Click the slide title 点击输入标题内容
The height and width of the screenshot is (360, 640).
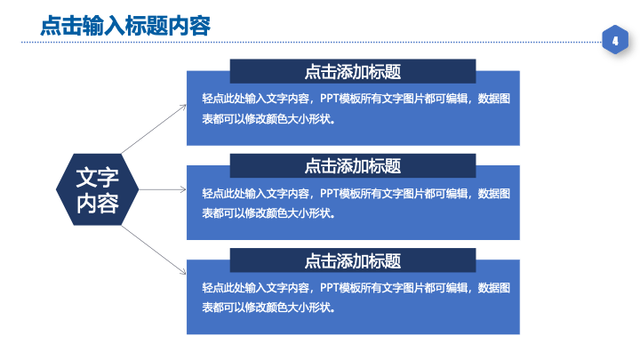tap(125, 25)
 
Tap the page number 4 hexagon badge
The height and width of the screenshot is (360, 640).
tap(615, 40)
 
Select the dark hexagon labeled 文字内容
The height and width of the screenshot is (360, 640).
tap(97, 189)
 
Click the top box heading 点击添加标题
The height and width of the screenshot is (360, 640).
tap(353, 71)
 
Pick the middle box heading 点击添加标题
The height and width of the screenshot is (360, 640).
tap(353, 165)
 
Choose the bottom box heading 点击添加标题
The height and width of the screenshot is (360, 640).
tap(353, 260)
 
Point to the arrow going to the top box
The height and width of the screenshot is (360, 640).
tap(154, 129)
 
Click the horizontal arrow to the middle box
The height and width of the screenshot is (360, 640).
tap(163, 189)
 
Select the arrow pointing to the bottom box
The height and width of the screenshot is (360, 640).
tap(154, 250)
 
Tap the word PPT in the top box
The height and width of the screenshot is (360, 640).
tap(329, 99)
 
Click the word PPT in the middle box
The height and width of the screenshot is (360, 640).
tap(329, 193)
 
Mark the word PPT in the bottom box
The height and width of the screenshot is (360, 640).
tap(329, 288)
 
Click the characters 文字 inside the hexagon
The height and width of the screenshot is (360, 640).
tap(97, 178)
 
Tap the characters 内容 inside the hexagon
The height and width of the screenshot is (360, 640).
tap(97, 203)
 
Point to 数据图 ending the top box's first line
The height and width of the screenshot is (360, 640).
tap(494, 99)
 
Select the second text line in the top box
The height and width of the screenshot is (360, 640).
tap(269, 119)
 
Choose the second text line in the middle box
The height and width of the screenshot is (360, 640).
tap(269, 213)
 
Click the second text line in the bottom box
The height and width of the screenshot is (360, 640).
tap(269, 308)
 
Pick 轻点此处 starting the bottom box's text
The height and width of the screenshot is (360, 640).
tap(223, 288)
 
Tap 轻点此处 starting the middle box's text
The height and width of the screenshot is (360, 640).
tap(223, 193)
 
